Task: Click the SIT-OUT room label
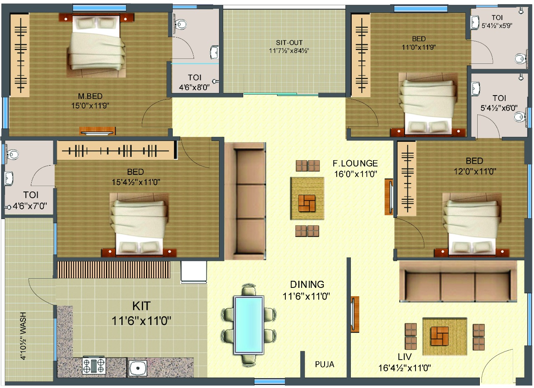289,43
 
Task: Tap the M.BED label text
90,96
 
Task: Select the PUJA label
325,364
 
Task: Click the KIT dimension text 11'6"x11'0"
141,321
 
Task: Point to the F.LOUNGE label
355,164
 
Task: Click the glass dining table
249,325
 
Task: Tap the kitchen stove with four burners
94,365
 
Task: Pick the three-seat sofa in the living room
458,282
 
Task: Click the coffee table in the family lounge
307,198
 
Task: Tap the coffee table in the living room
445,336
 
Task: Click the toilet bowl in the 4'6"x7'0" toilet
12,154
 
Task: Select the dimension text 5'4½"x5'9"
497,26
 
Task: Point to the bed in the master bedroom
96,46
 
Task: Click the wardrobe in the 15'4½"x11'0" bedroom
116,150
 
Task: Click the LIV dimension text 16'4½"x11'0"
405,368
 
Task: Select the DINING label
307,285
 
